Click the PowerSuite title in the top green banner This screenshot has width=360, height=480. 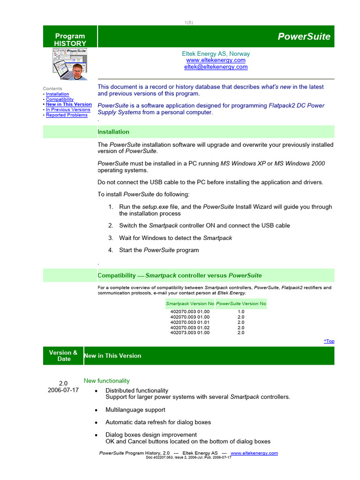click(304, 37)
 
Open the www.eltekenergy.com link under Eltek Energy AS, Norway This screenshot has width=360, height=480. click(216, 60)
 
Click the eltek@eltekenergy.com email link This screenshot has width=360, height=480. click(216, 67)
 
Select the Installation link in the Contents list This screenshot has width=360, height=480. click(57, 94)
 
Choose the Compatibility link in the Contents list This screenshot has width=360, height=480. click(60, 99)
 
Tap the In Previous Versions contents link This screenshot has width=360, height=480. click(68, 110)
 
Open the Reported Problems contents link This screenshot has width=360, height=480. click(67, 115)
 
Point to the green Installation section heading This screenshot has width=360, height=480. click(113, 132)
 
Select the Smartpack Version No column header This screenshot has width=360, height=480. click(190, 303)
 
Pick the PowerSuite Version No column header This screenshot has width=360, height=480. click(241, 303)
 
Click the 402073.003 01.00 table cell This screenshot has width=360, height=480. click(190, 333)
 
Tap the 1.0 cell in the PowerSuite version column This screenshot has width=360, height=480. click(241, 311)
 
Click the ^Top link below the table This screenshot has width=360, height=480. click(329, 341)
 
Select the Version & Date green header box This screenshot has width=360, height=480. click(63, 356)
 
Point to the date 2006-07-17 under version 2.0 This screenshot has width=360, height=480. click(63, 390)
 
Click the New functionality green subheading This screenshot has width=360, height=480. click(106, 381)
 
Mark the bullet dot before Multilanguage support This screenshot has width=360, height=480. click(96, 410)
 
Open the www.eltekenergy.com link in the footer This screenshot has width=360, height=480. click(254, 453)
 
